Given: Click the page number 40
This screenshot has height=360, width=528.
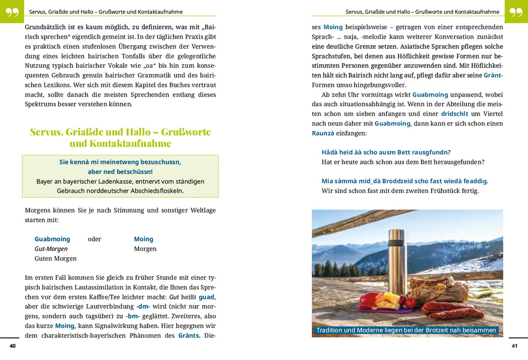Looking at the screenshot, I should tap(12, 346).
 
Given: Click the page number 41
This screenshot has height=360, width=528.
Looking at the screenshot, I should tap(514, 346).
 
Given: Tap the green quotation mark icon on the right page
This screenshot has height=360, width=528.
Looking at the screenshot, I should tap(516, 11).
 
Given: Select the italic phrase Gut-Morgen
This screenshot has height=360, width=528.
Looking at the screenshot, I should tap(51, 249).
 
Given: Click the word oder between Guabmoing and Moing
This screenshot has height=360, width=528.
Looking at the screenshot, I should tap(95, 239).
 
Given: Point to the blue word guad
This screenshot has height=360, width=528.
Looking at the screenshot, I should tap(207, 297).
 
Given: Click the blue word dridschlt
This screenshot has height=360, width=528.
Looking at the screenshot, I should tap(454, 114).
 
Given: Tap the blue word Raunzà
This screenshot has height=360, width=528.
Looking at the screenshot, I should tap(323, 133).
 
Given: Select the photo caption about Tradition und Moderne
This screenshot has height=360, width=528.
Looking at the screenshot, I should tap(406, 330).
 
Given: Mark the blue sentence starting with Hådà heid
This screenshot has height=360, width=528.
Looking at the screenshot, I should tap(386, 152).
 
